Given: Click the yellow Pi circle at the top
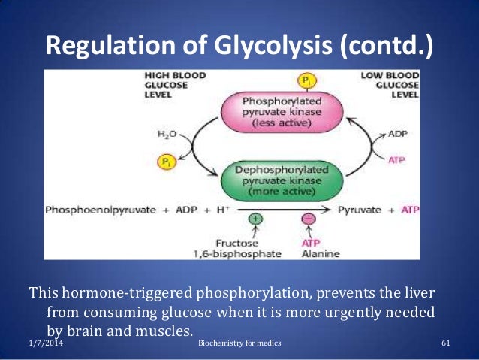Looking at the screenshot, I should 306,80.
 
